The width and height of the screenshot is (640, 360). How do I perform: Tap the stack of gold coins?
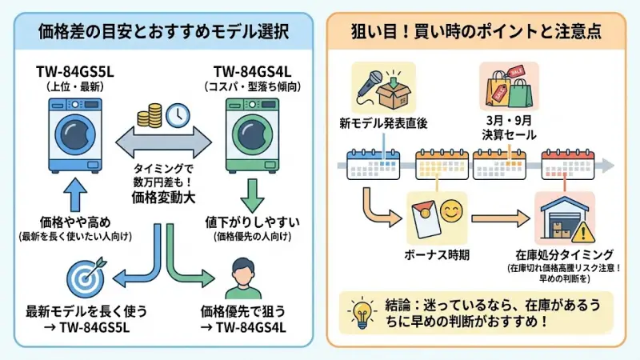150,117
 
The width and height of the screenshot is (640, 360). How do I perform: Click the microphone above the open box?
372,77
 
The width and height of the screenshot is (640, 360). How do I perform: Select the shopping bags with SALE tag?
505,88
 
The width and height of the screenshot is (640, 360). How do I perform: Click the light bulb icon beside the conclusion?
362,313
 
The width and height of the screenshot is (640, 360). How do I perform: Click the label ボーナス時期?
434,254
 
